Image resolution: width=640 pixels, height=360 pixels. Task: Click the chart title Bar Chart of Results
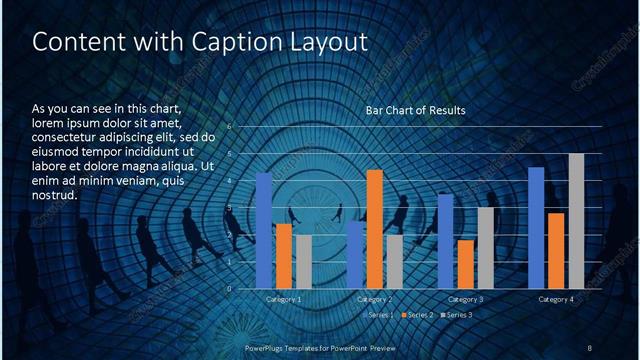coord(415,110)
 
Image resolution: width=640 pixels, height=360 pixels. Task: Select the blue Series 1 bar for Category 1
coord(264,231)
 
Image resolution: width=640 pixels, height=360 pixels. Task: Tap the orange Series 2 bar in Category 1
coord(284,256)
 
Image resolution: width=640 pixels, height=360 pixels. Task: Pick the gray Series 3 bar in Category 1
coord(303,262)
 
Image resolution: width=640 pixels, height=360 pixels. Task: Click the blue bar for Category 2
coord(355,255)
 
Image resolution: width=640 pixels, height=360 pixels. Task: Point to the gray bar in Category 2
coord(394,262)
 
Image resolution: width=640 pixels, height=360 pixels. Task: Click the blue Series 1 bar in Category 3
coord(446,241)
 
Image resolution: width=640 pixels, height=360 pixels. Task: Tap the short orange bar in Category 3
coord(465,264)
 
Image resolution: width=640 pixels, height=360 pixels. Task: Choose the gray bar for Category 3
coord(485,248)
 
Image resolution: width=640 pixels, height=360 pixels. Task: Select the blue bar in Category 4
coord(536,228)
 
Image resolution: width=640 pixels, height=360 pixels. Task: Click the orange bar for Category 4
coord(556,251)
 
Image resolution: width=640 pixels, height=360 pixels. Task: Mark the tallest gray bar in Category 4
coord(576,221)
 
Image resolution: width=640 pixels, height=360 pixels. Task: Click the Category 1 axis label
coord(283,299)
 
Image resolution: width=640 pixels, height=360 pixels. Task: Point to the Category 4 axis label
coord(556,299)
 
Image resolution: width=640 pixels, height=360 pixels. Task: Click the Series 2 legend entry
coord(417,315)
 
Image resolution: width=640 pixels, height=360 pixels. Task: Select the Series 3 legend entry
coord(457,315)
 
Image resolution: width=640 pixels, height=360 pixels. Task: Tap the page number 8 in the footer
coord(589,347)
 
